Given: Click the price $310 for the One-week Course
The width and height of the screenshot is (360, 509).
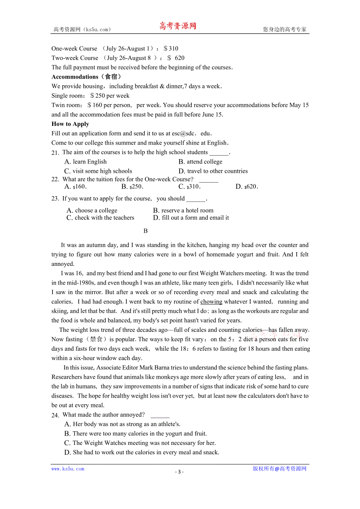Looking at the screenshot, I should tap(171, 48).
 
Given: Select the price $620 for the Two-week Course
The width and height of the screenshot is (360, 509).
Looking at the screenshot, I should tap(176, 58).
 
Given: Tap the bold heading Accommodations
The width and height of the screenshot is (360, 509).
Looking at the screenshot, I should tap(75, 77).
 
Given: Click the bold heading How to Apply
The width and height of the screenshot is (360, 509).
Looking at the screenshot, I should tap(70, 124).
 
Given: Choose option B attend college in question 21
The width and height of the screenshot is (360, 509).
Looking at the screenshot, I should tap(200, 161).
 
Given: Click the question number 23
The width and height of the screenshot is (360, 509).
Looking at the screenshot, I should tap(55, 199).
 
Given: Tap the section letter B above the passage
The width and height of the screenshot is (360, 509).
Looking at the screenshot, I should tap(146, 231).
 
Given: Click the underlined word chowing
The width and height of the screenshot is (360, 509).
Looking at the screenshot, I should tap(211, 302).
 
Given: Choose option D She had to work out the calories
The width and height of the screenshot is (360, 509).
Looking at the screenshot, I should tap(142, 452).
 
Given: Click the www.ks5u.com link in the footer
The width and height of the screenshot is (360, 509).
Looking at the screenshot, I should tap(68, 469).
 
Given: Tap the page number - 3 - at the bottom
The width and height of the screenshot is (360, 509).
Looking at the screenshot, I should tap(179, 471).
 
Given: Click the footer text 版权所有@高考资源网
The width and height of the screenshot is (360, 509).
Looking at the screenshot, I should tap(279, 469).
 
